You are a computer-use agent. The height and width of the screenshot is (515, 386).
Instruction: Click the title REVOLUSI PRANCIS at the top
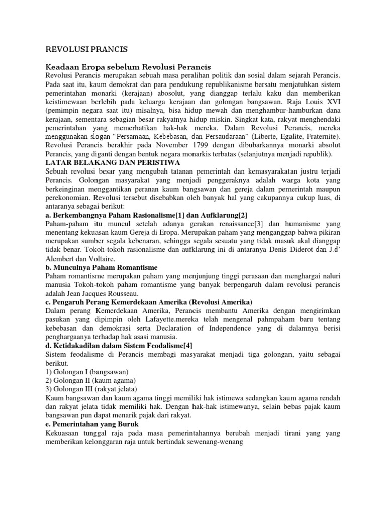point(86,49)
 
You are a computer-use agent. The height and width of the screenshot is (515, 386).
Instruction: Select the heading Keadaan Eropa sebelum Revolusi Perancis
point(128,67)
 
